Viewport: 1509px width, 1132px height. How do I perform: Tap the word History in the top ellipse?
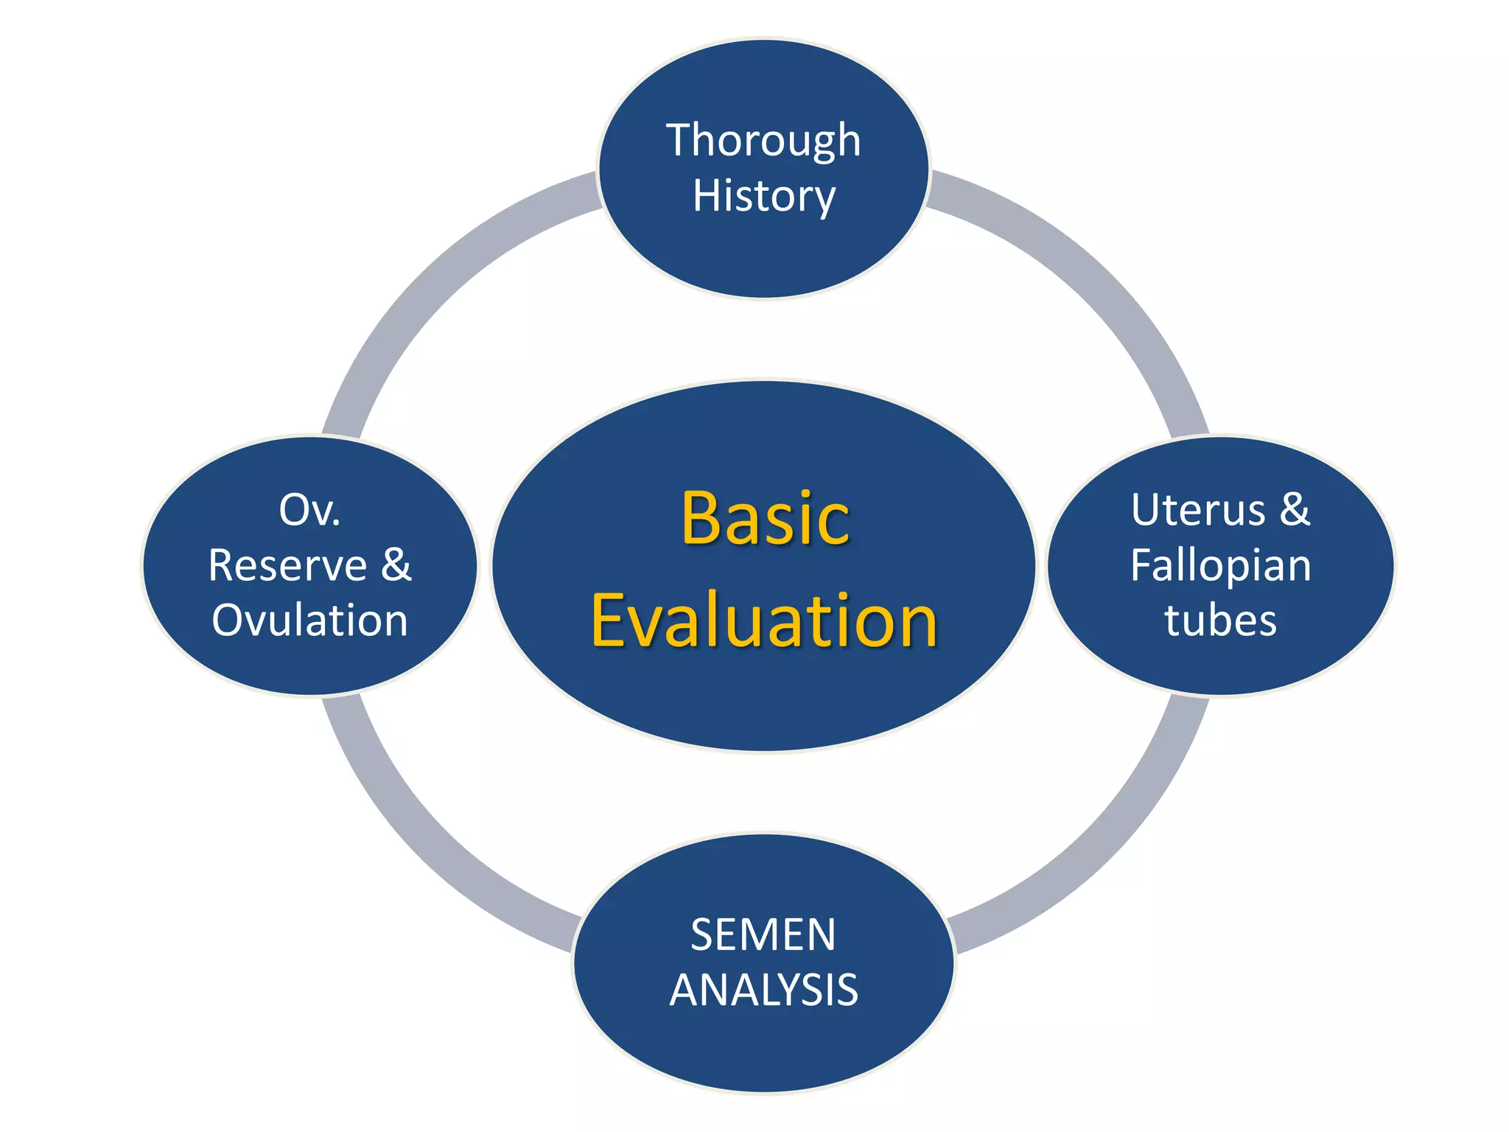coord(763,197)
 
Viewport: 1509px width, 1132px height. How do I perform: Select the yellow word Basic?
coord(765,519)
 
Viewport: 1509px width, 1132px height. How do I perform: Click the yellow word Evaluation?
coord(764,621)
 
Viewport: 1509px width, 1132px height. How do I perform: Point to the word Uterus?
coord(1198,510)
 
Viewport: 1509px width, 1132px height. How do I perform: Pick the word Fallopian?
coord(1221,566)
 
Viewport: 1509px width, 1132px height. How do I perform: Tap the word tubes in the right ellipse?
coord(1220,621)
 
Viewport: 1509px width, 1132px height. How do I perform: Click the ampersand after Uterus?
coord(1295,509)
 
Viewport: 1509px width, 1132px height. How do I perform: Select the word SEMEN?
coord(763,935)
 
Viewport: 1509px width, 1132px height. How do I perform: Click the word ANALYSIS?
coord(763,990)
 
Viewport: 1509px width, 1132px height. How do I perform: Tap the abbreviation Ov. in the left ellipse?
coord(309,510)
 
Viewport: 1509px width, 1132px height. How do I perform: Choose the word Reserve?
coord(287,566)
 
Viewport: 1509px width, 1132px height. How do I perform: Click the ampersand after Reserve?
coord(396,565)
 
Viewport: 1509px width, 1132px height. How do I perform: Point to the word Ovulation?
coord(309,621)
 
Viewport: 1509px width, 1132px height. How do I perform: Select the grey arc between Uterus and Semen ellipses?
coord(1090,848)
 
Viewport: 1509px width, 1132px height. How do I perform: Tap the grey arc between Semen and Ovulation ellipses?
coord(435,848)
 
